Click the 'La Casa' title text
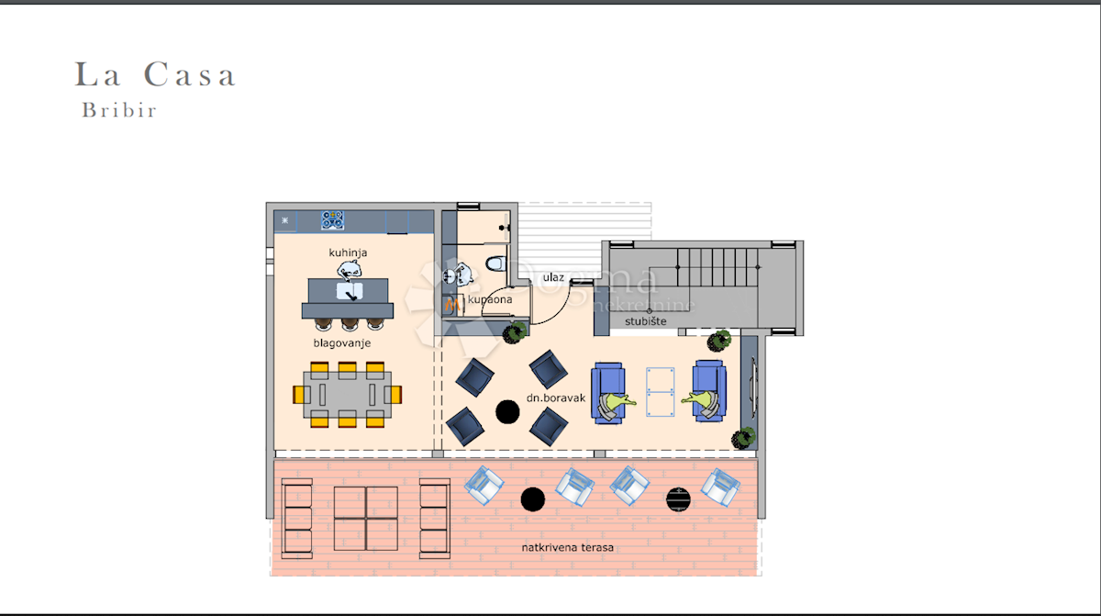click(x=155, y=74)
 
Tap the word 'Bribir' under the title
click(x=119, y=110)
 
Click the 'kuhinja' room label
click(x=348, y=252)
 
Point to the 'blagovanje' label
click(x=342, y=343)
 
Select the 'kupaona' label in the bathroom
click(x=490, y=299)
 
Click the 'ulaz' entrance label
click(x=553, y=278)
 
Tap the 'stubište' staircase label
click(x=646, y=321)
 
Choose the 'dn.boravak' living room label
click(x=556, y=398)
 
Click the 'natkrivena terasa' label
click(x=568, y=548)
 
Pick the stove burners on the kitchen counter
click(x=333, y=220)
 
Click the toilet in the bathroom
click(x=496, y=263)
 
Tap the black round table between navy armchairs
click(x=507, y=411)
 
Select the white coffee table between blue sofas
click(x=660, y=392)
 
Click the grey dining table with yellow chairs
click(x=348, y=395)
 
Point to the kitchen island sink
click(x=350, y=291)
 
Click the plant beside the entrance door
click(x=515, y=333)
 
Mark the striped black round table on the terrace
click(x=678, y=500)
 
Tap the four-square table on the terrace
click(x=366, y=519)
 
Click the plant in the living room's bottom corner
click(x=743, y=438)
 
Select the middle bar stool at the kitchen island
click(x=350, y=323)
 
